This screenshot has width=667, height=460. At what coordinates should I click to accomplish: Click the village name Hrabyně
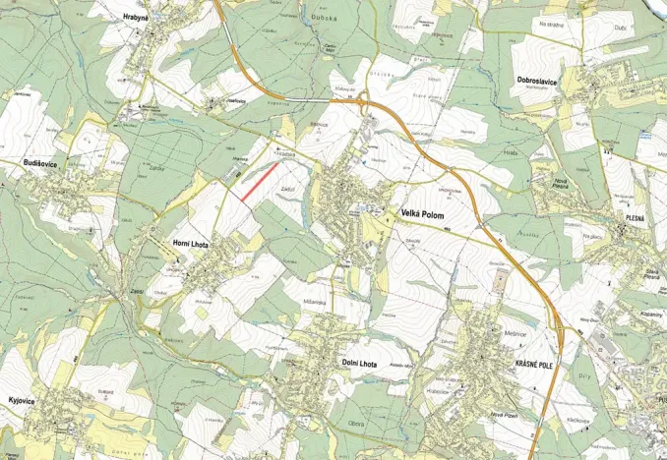tap(136, 19)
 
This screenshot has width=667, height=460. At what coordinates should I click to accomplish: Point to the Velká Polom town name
tap(424, 212)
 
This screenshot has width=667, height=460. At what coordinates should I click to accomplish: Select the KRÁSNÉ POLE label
tap(535, 364)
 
